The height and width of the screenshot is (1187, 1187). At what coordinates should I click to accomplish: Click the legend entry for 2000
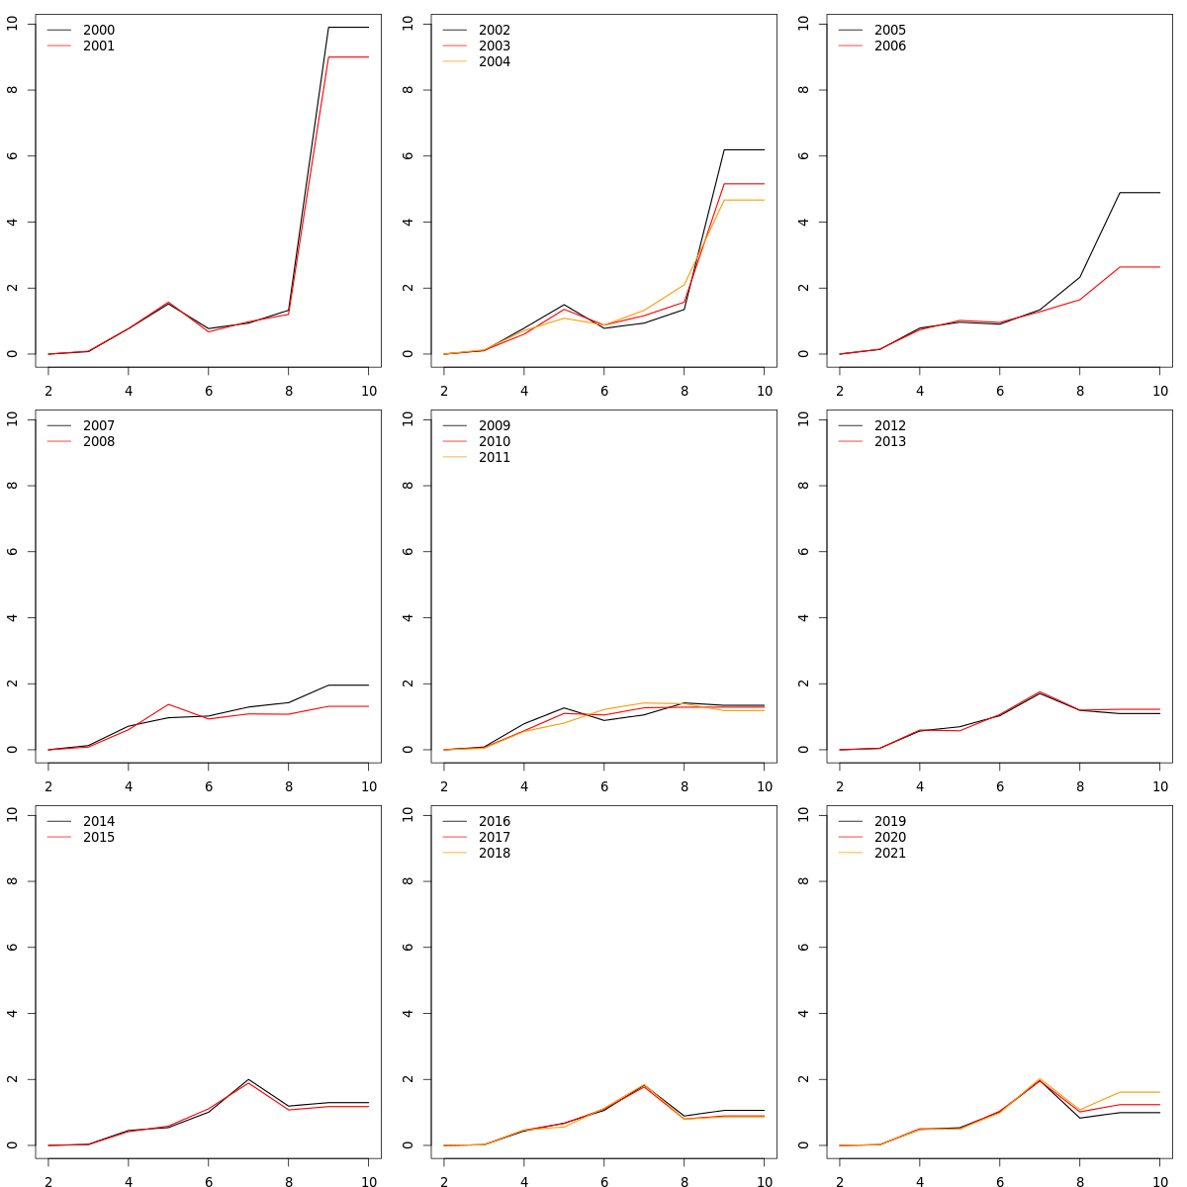98,31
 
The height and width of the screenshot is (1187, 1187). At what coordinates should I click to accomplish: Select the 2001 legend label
98,46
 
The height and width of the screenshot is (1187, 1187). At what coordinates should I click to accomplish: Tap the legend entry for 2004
494,62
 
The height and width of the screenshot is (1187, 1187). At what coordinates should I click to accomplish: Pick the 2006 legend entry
889,46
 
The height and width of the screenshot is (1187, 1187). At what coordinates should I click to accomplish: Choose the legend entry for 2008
98,442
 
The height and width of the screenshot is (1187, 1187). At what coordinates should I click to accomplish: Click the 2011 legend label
494,458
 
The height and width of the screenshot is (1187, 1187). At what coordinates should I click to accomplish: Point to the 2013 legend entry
889,442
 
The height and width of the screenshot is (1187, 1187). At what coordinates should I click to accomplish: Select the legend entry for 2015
98,838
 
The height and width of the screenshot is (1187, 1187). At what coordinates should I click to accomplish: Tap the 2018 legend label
494,854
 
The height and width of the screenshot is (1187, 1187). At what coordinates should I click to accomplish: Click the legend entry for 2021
889,854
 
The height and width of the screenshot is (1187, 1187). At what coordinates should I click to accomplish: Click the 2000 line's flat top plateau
348,27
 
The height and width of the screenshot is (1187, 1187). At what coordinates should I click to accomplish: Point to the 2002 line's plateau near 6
744,149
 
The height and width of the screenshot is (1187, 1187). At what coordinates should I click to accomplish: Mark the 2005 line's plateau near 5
1140,193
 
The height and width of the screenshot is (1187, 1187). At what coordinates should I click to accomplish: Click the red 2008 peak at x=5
168,704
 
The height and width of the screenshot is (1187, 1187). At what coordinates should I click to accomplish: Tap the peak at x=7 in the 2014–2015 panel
248,1080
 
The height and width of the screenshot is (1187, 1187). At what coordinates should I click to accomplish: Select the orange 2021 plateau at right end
1140,1092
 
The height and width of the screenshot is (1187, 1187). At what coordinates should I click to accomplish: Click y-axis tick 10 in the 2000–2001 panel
12,24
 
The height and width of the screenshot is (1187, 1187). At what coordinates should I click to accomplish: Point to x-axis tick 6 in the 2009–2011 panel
603,786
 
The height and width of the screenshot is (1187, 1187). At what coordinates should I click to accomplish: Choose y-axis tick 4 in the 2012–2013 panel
803,617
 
